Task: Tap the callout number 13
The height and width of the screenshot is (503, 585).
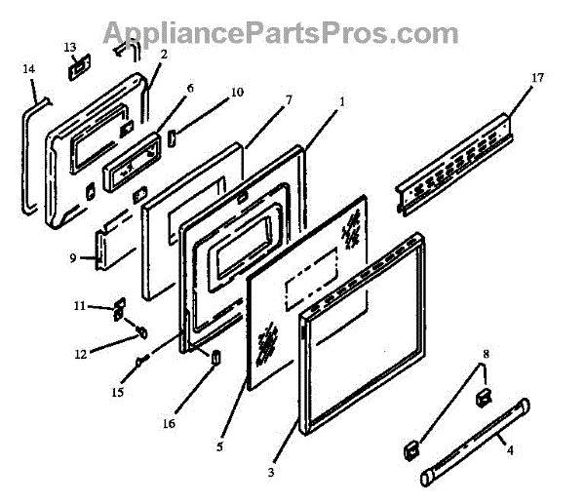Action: pyautogui.click(x=70, y=46)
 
